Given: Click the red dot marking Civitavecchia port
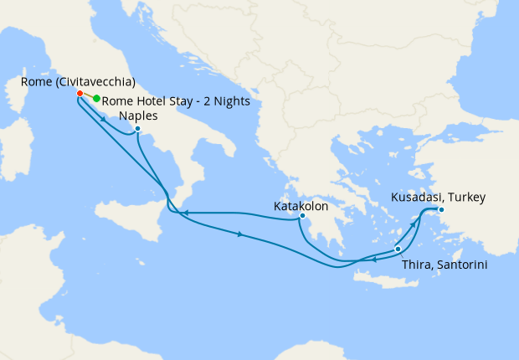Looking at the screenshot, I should point(79,93).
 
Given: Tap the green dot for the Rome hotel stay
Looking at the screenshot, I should point(97,99).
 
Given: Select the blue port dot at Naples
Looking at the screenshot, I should point(137,129).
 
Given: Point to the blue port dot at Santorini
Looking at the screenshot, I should point(398,249).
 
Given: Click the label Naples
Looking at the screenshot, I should point(139,116).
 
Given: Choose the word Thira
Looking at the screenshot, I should point(417,265).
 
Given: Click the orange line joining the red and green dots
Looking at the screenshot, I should point(88,96).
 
